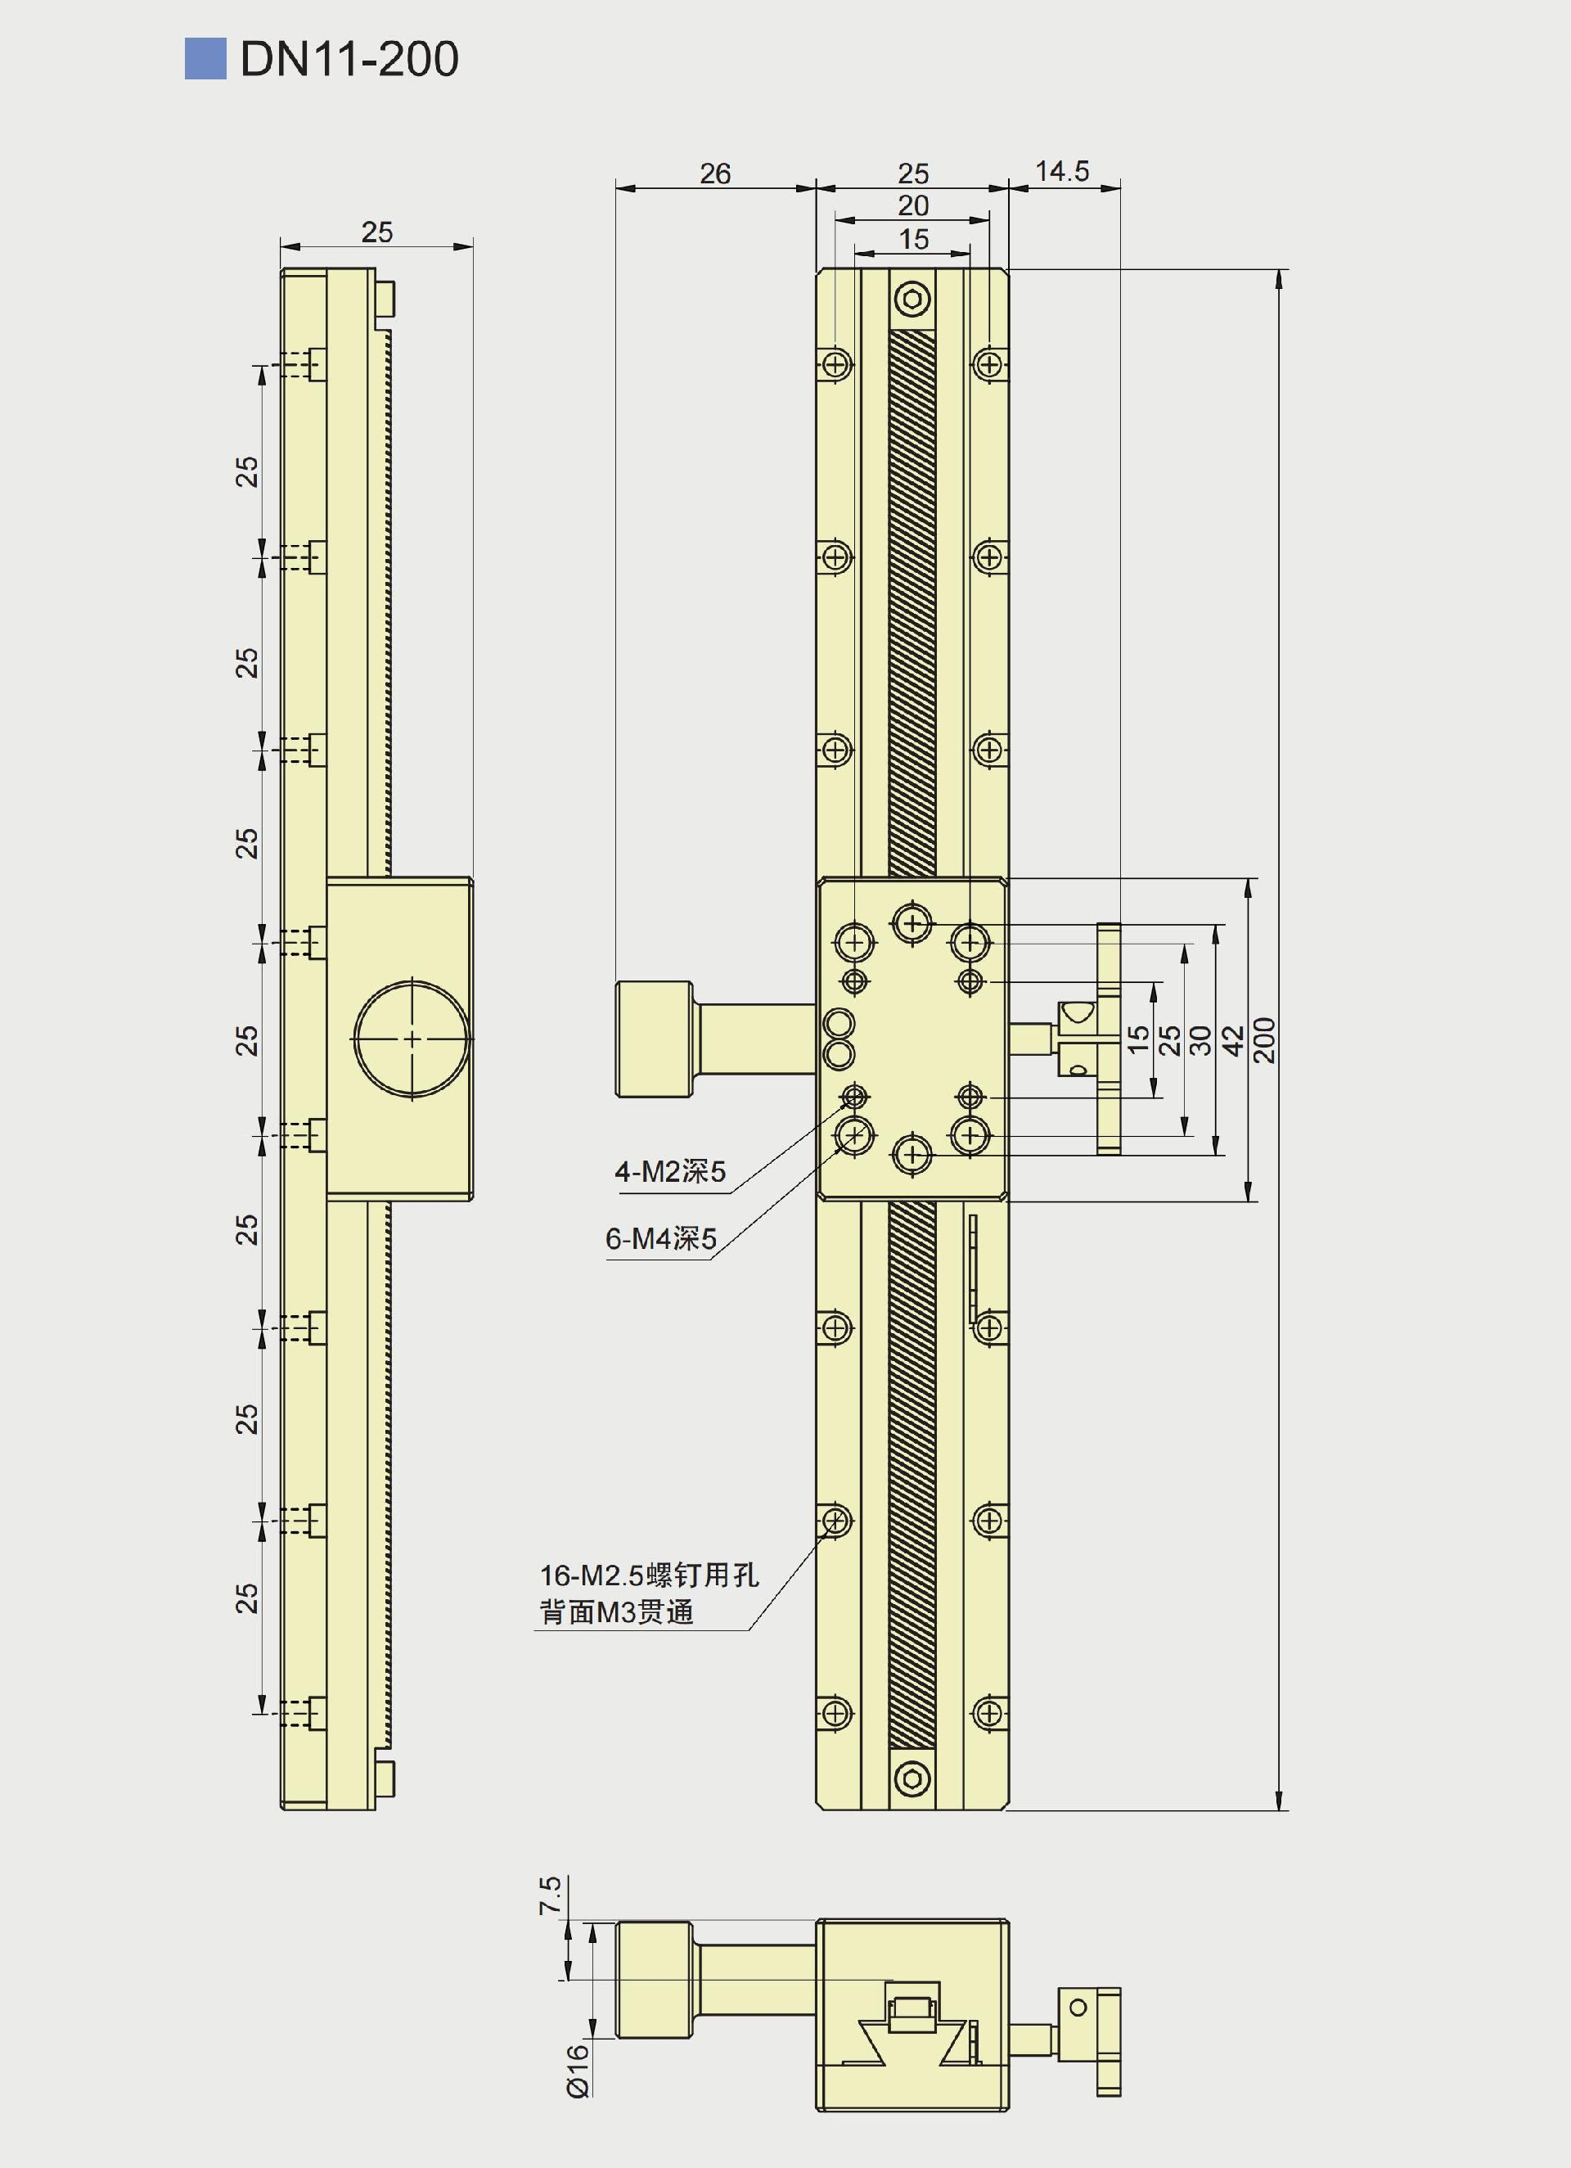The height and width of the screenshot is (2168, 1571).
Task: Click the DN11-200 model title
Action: tap(349, 59)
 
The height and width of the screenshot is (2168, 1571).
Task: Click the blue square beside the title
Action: tap(205, 58)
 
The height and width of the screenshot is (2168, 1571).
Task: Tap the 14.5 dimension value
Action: tap(1063, 171)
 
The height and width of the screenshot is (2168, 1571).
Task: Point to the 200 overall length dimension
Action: tap(1264, 1040)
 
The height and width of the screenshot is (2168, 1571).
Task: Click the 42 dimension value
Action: tap(1233, 1040)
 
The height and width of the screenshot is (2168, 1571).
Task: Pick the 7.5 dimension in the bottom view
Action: tap(550, 1895)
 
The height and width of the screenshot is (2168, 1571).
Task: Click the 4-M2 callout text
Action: tap(670, 1171)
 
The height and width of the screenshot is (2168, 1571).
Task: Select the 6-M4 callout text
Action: tap(660, 1239)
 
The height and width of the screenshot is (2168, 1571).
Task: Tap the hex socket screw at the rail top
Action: tap(912, 301)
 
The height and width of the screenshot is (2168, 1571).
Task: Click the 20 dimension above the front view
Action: tap(912, 205)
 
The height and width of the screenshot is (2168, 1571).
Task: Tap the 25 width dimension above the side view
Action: tap(376, 232)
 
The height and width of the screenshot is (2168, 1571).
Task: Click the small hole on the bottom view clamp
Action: tap(1078, 2008)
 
